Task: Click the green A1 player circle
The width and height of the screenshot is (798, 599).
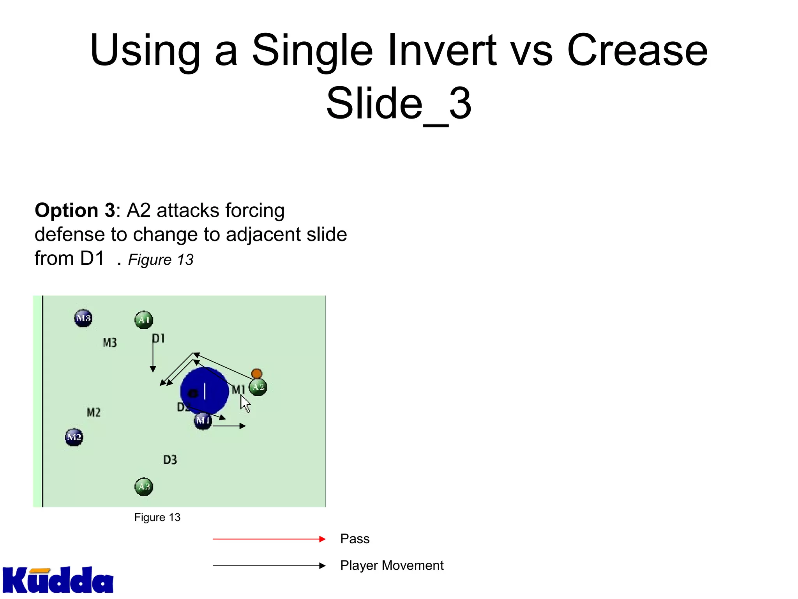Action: [144, 320]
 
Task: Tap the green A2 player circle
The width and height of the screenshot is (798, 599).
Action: [258, 387]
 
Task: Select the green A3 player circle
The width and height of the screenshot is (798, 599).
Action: [144, 487]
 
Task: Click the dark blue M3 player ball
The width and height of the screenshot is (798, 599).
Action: [83, 318]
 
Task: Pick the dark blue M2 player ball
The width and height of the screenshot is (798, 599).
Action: [74, 437]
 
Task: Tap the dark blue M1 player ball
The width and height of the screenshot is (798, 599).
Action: [203, 421]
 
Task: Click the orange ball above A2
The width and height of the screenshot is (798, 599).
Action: [256, 374]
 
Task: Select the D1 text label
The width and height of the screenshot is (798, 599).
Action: [158, 338]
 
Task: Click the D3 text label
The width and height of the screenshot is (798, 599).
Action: [170, 460]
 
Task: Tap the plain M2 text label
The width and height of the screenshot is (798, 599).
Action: [94, 412]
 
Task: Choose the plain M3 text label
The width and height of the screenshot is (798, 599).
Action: [109, 342]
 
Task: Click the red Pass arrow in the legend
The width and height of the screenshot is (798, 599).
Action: [269, 539]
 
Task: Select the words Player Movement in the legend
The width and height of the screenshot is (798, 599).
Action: [392, 565]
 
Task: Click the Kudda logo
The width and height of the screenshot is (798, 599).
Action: [58, 580]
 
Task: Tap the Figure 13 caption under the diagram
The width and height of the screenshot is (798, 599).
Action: [157, 517]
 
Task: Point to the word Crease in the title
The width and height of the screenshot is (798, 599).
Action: [637, 51]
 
